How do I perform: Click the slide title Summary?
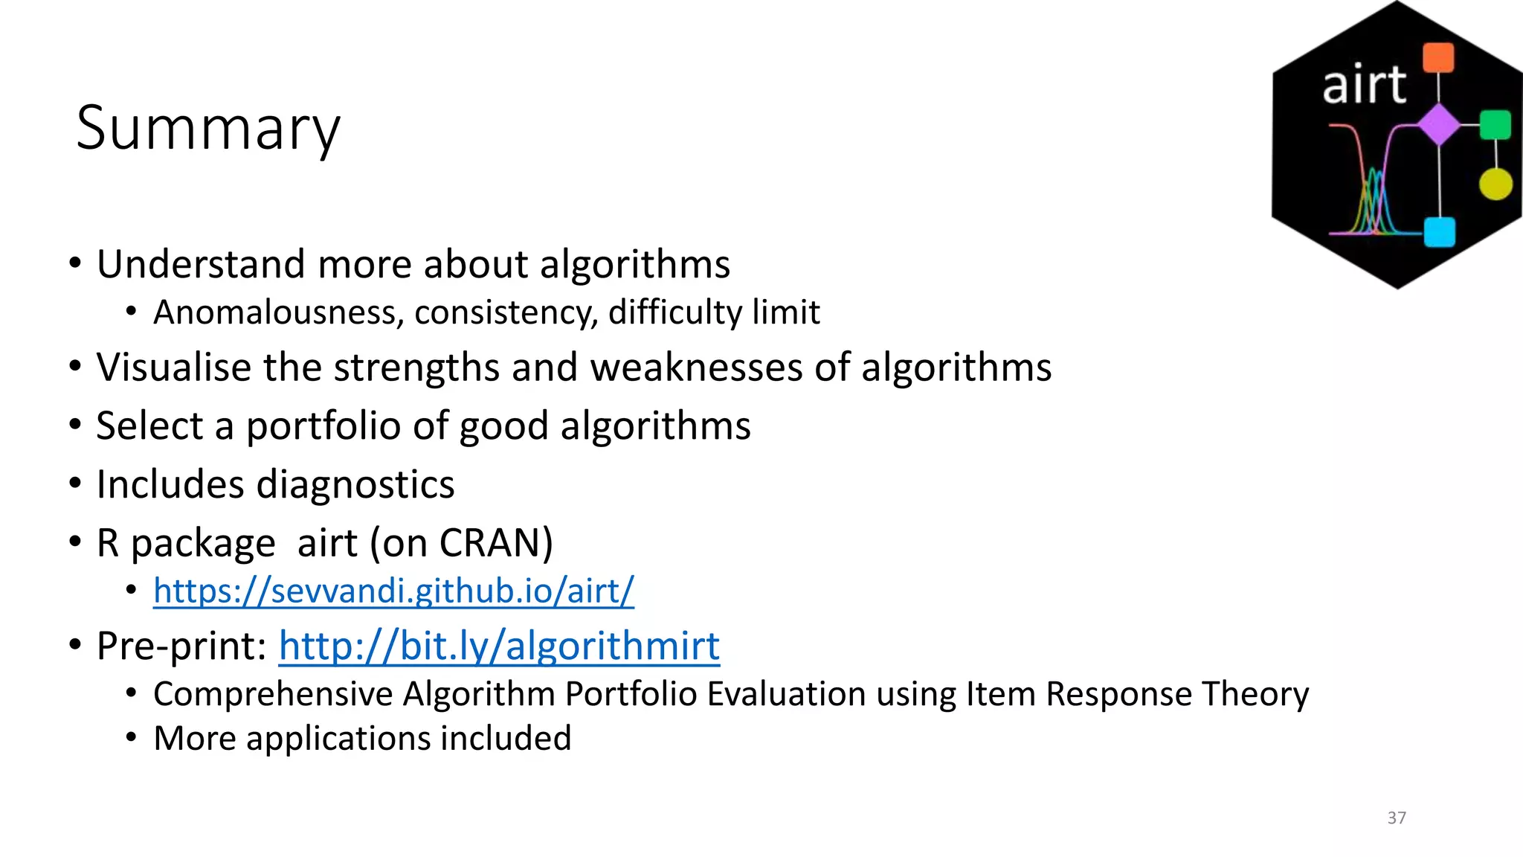[x=208, y=129]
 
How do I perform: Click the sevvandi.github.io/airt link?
[x=393, y=591]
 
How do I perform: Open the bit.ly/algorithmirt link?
[x=499, y=646]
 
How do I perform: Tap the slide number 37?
[x=1397, y=818]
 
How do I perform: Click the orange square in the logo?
[x=1438, y=58]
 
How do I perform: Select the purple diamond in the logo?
[x=1439, y=124]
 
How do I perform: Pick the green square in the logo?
[x=1495, y=125]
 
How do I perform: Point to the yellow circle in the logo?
[x=1495, y=184]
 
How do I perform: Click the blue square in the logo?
[x=1439, y=231]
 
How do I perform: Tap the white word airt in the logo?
[x=1364, y=85]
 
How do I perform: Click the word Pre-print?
[x=181, y=646]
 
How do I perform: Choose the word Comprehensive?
[x=273, y=695]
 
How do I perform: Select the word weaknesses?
[x=696, y=367]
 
